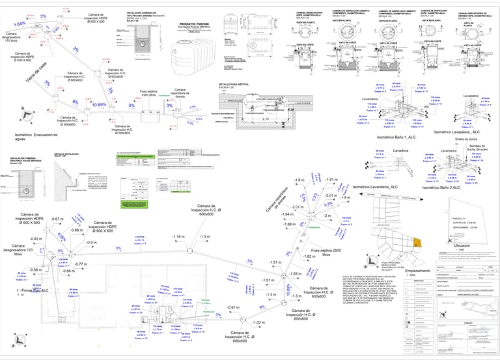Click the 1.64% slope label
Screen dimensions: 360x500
[20, 23]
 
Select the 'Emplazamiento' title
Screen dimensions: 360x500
[418, 270]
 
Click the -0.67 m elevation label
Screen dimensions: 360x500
[56, 219]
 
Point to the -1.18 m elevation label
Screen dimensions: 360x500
[177, 236]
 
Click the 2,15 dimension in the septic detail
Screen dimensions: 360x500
[265, 119]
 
